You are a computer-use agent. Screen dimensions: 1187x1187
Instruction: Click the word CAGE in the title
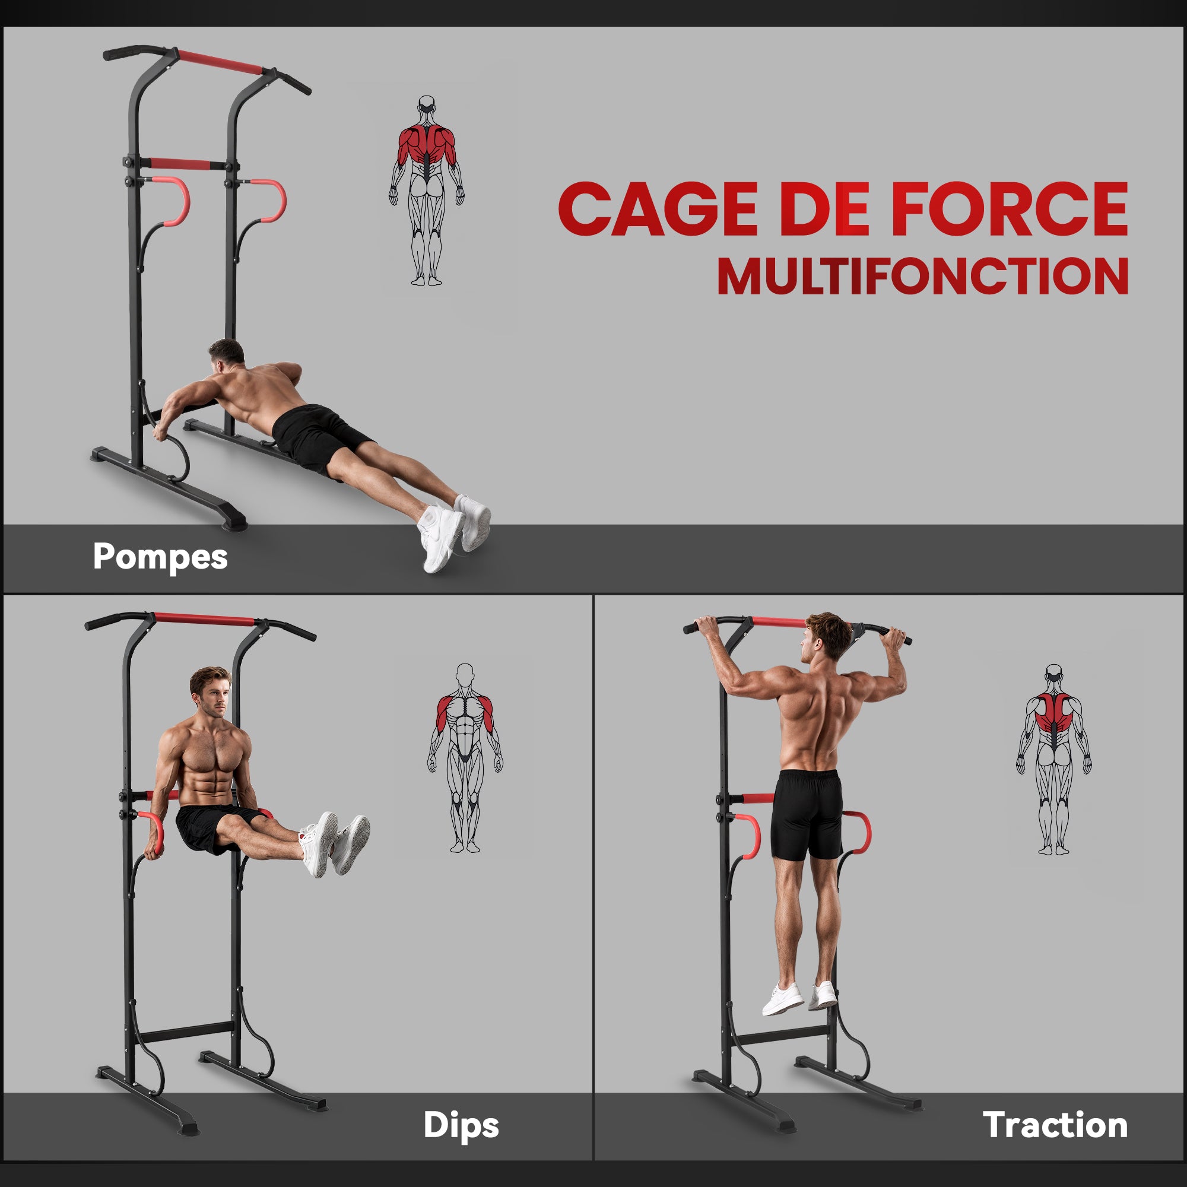658,209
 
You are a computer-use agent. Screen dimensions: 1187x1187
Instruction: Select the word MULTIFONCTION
923,276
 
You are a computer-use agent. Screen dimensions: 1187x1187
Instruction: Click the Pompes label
160,557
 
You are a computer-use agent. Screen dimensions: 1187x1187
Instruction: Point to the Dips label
461,1125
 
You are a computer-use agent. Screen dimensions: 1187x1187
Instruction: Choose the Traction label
1055,1125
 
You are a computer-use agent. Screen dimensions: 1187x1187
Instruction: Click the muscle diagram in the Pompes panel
426,191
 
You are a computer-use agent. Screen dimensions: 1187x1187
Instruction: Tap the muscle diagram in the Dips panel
465,758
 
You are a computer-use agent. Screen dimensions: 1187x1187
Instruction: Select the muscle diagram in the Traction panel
1053,760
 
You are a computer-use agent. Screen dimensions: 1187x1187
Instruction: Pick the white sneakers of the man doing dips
335,843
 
